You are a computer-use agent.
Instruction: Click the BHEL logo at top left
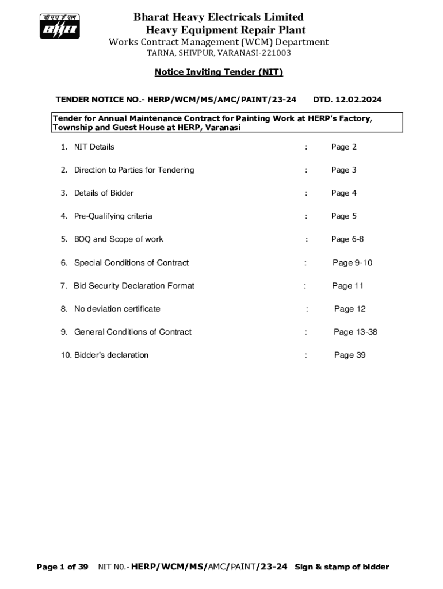point(59,26)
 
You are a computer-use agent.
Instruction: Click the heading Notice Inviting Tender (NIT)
point(219,72)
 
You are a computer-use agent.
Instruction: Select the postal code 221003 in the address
point(274,53)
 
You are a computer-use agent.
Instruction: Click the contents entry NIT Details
point(94,147)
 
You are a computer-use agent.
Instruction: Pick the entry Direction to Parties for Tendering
point(133,170)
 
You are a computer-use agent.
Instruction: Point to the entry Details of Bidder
point(104,193)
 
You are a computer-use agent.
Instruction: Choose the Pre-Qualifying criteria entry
point(113,216)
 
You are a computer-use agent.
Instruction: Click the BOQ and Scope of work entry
point(118,239)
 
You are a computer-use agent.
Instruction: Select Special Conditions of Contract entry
point(131,263)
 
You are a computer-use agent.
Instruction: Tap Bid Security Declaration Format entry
point(133,286)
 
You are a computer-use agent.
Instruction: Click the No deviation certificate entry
point(117,309)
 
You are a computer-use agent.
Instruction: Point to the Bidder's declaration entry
point(111,355)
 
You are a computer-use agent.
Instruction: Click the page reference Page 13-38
point(356,332)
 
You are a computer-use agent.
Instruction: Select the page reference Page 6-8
point(347,239)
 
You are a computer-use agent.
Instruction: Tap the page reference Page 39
point(350,355)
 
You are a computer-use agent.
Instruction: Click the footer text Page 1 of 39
point(63,567)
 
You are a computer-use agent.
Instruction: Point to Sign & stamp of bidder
point(342,567)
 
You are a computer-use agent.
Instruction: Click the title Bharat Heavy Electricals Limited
point(219,17)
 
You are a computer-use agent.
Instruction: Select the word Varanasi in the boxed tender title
point(223,128)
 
